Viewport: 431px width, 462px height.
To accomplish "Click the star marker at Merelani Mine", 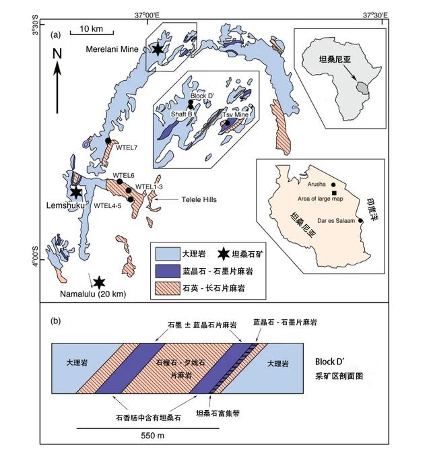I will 157,48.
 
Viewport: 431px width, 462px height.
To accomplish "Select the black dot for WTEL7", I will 108,140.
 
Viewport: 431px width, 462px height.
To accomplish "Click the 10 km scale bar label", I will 90,29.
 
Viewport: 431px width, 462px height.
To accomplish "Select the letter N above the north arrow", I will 57,53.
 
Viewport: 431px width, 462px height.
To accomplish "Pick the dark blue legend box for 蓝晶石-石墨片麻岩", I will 164,272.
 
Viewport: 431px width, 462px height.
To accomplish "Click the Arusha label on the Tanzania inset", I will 316,184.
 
